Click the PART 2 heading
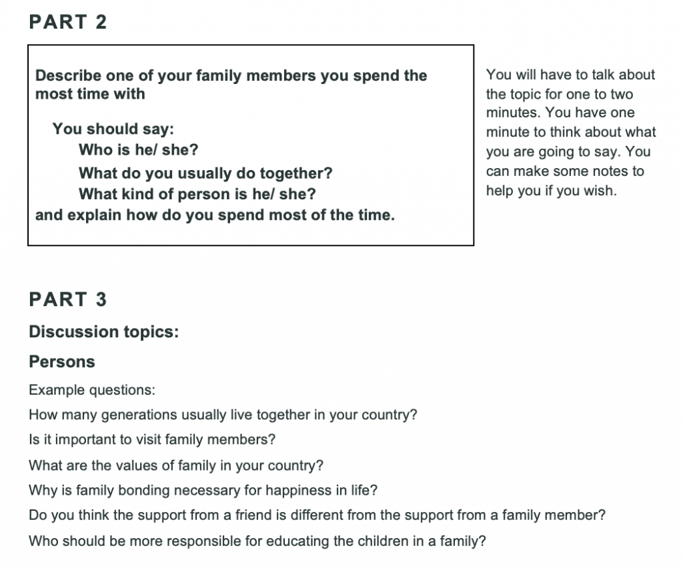tap(68, 22)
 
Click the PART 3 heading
tap(68, 299)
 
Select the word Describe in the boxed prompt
tap(69, 75)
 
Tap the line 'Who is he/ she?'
tap(139, 150)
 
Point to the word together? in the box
tap(296, 173)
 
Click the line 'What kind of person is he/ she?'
tap(197, 194)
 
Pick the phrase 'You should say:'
tap(113, 129)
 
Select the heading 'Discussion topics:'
tap(104, 331)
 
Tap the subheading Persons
tap(62, 362)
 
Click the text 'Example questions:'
tap(92, 390)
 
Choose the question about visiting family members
tap(153, 439)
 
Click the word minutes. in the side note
tap(514, 113)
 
